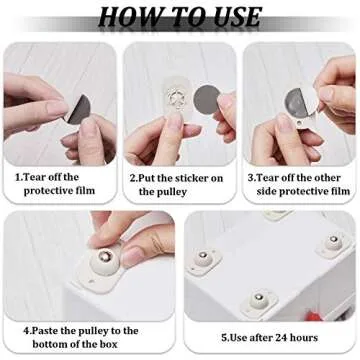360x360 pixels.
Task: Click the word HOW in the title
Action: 129,17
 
